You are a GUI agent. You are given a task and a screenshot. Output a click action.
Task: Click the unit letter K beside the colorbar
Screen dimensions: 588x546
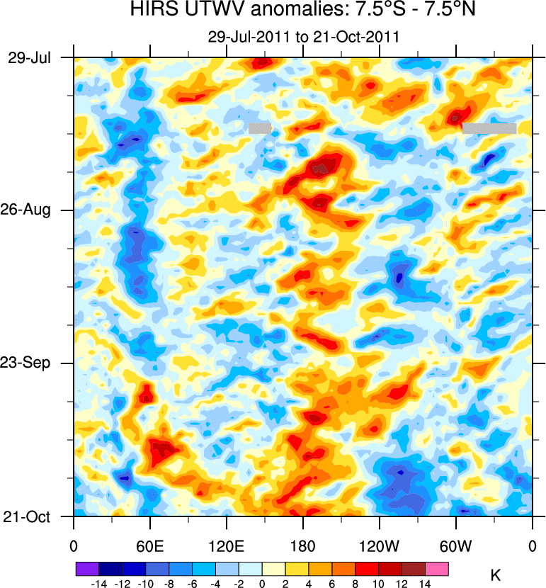[496, 575]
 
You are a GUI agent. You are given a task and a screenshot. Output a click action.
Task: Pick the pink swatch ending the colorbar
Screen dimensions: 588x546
[437, 568]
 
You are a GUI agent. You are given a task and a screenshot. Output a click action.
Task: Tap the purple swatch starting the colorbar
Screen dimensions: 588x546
[87, 568]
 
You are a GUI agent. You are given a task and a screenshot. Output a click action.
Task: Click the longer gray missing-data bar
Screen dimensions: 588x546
[489, 128]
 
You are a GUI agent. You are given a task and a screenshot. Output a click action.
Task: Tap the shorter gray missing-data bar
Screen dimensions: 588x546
[260, 128]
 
